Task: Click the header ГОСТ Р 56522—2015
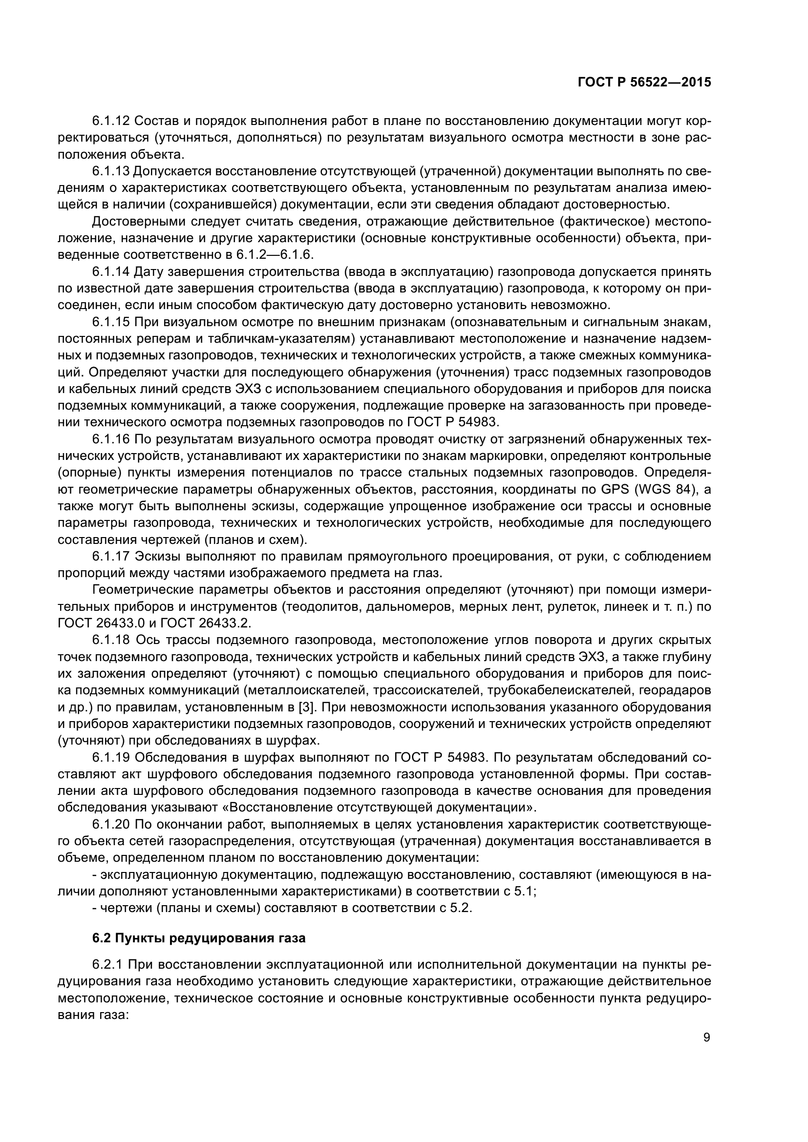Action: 644,83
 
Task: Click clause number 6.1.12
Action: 111,121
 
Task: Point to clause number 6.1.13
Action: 111,171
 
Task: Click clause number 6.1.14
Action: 111,271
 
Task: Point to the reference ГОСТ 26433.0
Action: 102,623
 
